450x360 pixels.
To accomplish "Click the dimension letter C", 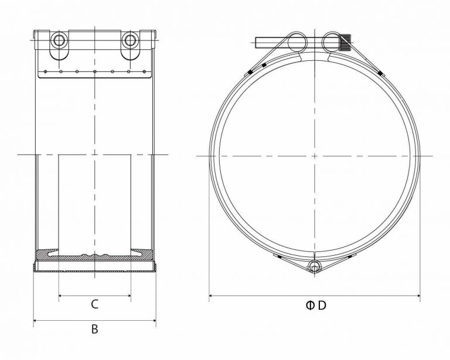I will (x=94, y=304).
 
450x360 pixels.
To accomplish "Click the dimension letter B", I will (x=94, y=329).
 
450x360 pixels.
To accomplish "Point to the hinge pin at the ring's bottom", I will (x=315, y=267).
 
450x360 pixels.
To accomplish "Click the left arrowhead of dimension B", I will (x=35, y=320).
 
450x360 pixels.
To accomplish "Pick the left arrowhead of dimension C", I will (x=60, y=296).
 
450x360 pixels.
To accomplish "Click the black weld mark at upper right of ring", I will (x=379, y=73).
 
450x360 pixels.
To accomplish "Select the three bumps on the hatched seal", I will (x=94, y=255).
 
